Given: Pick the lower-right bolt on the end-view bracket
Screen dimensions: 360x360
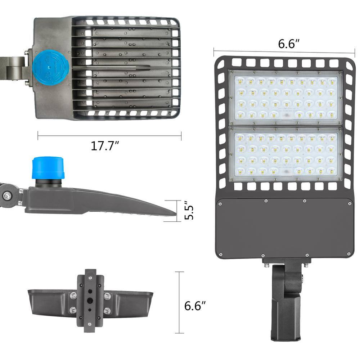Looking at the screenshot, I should coord(107,311).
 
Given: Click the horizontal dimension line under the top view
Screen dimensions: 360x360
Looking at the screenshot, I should coord(109,136).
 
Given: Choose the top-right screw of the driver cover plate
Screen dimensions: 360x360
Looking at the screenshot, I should coord(348,203).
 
